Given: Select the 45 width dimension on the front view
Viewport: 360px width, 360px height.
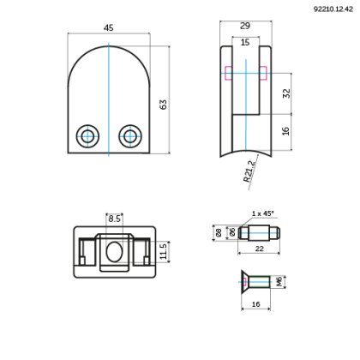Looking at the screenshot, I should point(108,27).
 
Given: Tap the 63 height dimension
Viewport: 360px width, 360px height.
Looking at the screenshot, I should point(162,104).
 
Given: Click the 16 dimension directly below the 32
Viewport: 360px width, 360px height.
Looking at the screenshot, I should point(286,130).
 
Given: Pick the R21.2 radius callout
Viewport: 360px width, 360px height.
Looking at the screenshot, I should point(249,172).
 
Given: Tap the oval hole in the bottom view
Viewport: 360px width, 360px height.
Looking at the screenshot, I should point(114,251).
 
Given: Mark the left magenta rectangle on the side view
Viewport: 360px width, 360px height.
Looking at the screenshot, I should point(226,71).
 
